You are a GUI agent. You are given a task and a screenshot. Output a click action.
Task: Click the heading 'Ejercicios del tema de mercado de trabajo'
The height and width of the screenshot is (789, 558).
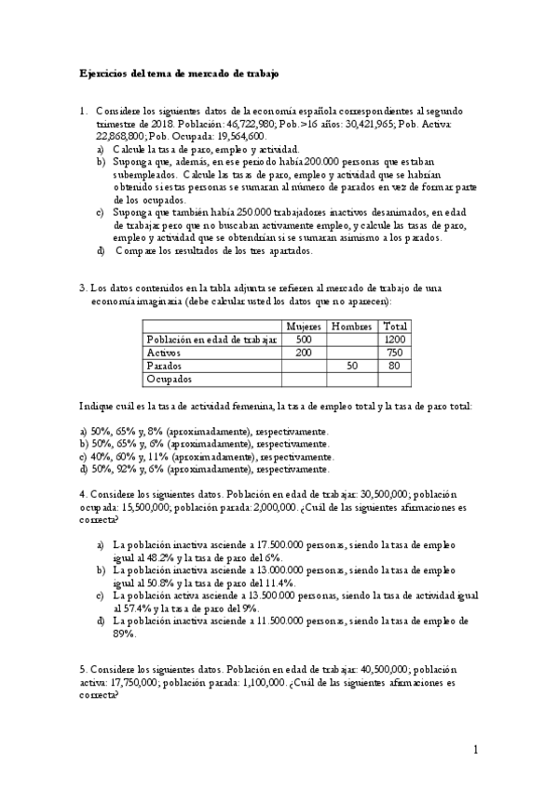pyautogui.click(x=177, y=73)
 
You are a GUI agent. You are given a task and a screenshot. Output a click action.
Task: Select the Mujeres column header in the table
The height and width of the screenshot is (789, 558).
pyautogui.click(x=304, y=327)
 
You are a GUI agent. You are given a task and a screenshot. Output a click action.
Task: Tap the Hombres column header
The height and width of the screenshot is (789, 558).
pyautogui.click(x=352, y=327)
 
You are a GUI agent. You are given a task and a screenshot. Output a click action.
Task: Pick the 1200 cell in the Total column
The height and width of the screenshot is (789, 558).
pyautogui.click(x=396, y=340)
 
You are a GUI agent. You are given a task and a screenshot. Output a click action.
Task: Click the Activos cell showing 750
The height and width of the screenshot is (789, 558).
pyautogui.click(x=396, y=353)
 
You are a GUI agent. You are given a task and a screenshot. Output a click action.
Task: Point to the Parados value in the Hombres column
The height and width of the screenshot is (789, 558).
pyautogui.click(x=352, y=367)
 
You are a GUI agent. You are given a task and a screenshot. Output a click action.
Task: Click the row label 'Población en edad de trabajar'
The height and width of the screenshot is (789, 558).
pyautogui.click(x=212, y=340)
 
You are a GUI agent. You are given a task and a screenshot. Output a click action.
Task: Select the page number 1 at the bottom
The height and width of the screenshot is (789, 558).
pyautogui.click(x=475, y=749)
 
